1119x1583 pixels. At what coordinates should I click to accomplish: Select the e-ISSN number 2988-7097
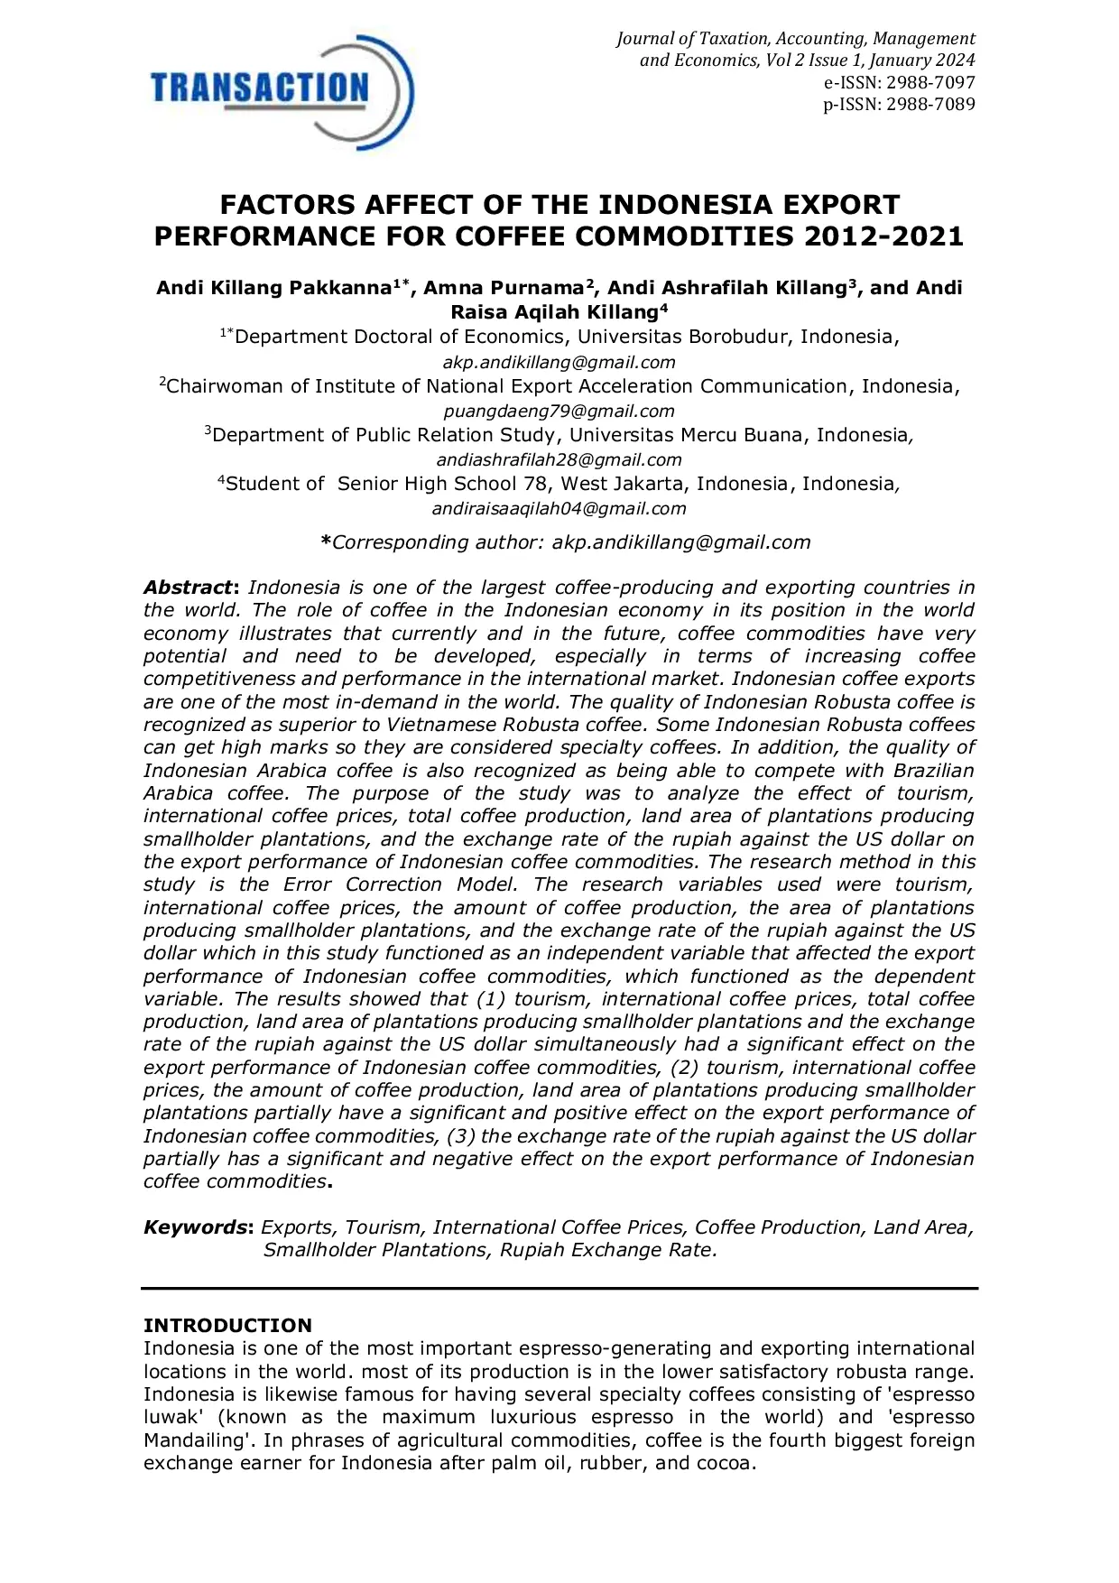929,82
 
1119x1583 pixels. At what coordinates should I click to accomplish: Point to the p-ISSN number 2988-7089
929,104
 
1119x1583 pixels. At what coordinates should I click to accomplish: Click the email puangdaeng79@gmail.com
559,411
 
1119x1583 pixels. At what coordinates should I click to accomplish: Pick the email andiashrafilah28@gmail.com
559,459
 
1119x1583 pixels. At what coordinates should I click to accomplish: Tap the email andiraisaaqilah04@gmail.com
559,508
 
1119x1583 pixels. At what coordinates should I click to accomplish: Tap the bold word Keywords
197,1227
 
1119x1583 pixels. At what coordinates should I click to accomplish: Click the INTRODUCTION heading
227,1325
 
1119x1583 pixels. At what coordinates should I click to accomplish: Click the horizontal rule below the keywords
559,1288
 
